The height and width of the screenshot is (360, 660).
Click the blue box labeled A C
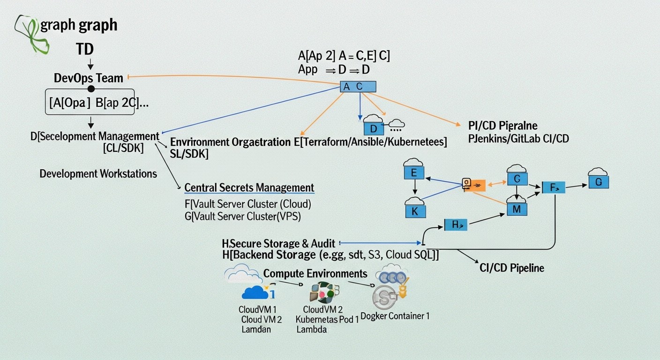358,87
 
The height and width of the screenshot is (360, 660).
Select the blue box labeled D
374,128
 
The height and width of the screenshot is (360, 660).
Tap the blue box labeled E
414,172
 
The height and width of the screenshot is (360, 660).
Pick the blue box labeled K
415,211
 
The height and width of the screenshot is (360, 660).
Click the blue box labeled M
517,209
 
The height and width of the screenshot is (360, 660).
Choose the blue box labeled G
598,182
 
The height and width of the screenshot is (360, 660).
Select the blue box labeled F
553,187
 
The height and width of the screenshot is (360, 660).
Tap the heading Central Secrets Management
249,188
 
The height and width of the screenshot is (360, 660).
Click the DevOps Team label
89,78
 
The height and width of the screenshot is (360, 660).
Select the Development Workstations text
98,174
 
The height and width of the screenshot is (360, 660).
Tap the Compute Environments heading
315,273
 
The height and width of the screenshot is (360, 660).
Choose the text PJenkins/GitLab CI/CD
518,139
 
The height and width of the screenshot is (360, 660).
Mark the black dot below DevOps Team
91,89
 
